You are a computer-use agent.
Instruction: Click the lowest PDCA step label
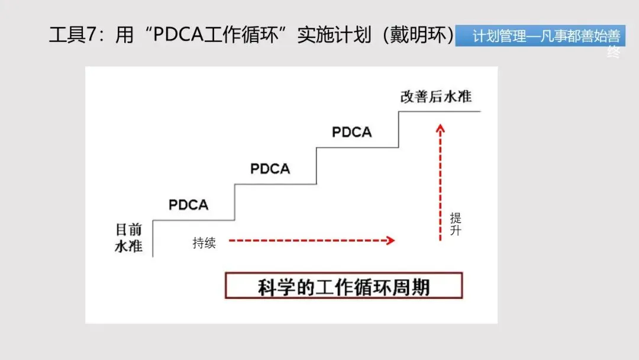[x=188, y=205]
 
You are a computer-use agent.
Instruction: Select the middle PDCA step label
[x=270, y=169]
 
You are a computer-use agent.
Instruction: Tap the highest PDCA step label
[x=351, y=132]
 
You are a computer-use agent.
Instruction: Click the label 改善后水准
[x=436, y=97]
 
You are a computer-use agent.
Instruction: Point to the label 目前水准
[x=128, y=237]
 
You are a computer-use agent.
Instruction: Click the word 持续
[x=204, y=243]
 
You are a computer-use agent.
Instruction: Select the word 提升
[x=455, y=224]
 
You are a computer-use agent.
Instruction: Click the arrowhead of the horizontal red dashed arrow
[x=390, y=240]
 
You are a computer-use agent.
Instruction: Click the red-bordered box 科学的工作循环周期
[x=344, y=287]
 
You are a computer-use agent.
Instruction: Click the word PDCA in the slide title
[x=177, y=36]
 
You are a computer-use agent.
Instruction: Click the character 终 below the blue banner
[x=614, y=52]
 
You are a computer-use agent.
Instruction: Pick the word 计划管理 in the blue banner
[x=499, y=37]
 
